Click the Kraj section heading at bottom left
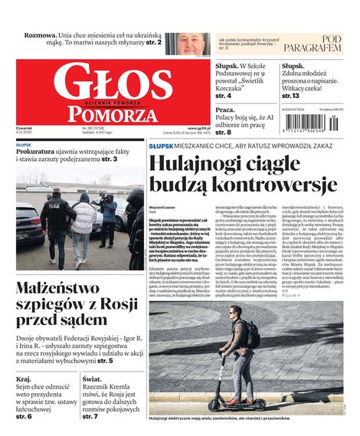24,378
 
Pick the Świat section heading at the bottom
92,378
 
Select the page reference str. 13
292,96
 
